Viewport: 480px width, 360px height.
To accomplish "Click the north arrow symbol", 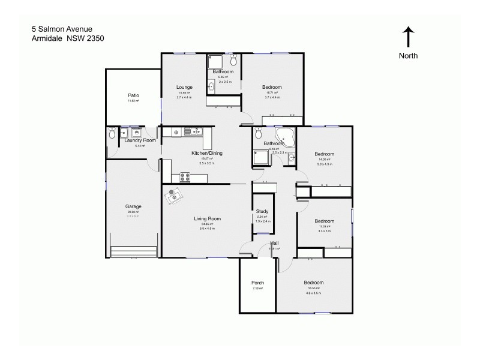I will click(408, 36).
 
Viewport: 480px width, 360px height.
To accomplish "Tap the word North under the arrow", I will click(408, 56).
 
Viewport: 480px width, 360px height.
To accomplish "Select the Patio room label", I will click(133, 95).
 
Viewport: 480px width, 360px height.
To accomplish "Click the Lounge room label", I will click(184, 88).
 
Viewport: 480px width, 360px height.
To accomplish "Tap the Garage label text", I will click(133, 206).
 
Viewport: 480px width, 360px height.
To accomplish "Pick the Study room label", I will click(262, 212).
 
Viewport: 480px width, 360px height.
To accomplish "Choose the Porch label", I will click(258, 283).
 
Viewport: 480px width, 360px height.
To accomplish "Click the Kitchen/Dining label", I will click(207, 154).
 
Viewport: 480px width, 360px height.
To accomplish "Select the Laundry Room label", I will click(140, 140).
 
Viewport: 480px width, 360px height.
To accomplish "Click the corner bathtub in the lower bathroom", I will click(285, 136).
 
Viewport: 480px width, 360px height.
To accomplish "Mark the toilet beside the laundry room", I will click(112, 135).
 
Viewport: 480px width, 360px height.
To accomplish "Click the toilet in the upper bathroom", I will click(233, 60).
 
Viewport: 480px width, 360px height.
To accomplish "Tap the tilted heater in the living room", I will click(174, 196).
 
